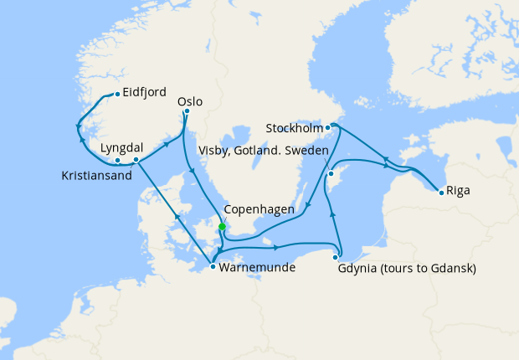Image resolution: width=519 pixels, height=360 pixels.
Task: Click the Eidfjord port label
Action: click(x=145, y=92)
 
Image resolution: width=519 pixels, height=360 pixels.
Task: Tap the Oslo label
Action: click(x=191, y=101)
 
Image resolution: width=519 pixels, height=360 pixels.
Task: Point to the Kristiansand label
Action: click(x=97, y=176)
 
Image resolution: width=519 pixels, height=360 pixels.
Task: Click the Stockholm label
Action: click(x=293, y=128)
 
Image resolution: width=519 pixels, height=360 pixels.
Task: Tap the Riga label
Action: click(x=458, y=190)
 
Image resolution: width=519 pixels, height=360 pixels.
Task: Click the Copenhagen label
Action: click(x=259, y=210)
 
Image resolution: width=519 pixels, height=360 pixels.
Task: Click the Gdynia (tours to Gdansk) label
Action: click(x=407, y=269)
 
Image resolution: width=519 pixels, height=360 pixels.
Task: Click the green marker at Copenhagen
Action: click(x=222, y=226)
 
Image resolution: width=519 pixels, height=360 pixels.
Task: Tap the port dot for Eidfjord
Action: click(x=116, y=93)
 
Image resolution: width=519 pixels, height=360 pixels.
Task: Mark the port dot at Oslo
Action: click(x=187, y=111)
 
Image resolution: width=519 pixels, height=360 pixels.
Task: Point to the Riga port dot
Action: click(x=441, y=193)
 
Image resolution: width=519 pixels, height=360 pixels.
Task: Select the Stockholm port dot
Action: click(x=328, y=127)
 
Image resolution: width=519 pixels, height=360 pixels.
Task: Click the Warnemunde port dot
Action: click(x=213, y=267)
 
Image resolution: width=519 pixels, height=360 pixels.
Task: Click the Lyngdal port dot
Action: click(x=118, y=159)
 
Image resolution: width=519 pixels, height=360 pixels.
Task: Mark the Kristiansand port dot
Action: click(x=136, y=158)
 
